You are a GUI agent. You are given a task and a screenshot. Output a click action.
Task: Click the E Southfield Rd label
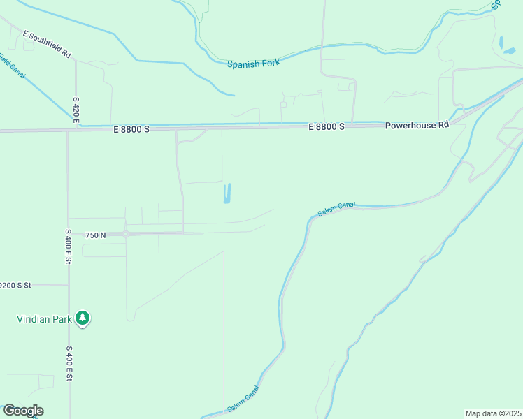point(48,43)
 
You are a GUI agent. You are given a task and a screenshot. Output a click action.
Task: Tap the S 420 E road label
point(76,110)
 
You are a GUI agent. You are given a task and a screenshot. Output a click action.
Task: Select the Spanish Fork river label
point(253,63)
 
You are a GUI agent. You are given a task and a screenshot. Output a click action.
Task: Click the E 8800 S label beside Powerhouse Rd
point(327,126)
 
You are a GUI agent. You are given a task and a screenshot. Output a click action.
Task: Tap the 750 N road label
point(95,235)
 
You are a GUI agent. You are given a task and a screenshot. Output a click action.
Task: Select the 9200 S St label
point(15,285)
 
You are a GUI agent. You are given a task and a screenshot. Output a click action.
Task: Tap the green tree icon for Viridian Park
point(83,318)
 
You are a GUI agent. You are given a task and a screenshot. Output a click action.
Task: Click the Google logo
point(22,411)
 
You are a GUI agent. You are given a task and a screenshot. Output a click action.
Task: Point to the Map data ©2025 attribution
point(494,413)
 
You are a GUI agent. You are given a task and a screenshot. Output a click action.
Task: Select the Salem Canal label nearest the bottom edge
point(243,399)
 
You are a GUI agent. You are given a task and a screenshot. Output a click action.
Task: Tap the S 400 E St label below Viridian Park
point(69,363)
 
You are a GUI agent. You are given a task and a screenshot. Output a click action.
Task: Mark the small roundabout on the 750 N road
point(125,235)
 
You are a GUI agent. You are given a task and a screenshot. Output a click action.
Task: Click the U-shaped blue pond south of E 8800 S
point(227,194)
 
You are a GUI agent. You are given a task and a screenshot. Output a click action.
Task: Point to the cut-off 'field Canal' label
point(12,66)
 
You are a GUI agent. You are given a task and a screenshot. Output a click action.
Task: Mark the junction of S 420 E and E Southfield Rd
point(76,61)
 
